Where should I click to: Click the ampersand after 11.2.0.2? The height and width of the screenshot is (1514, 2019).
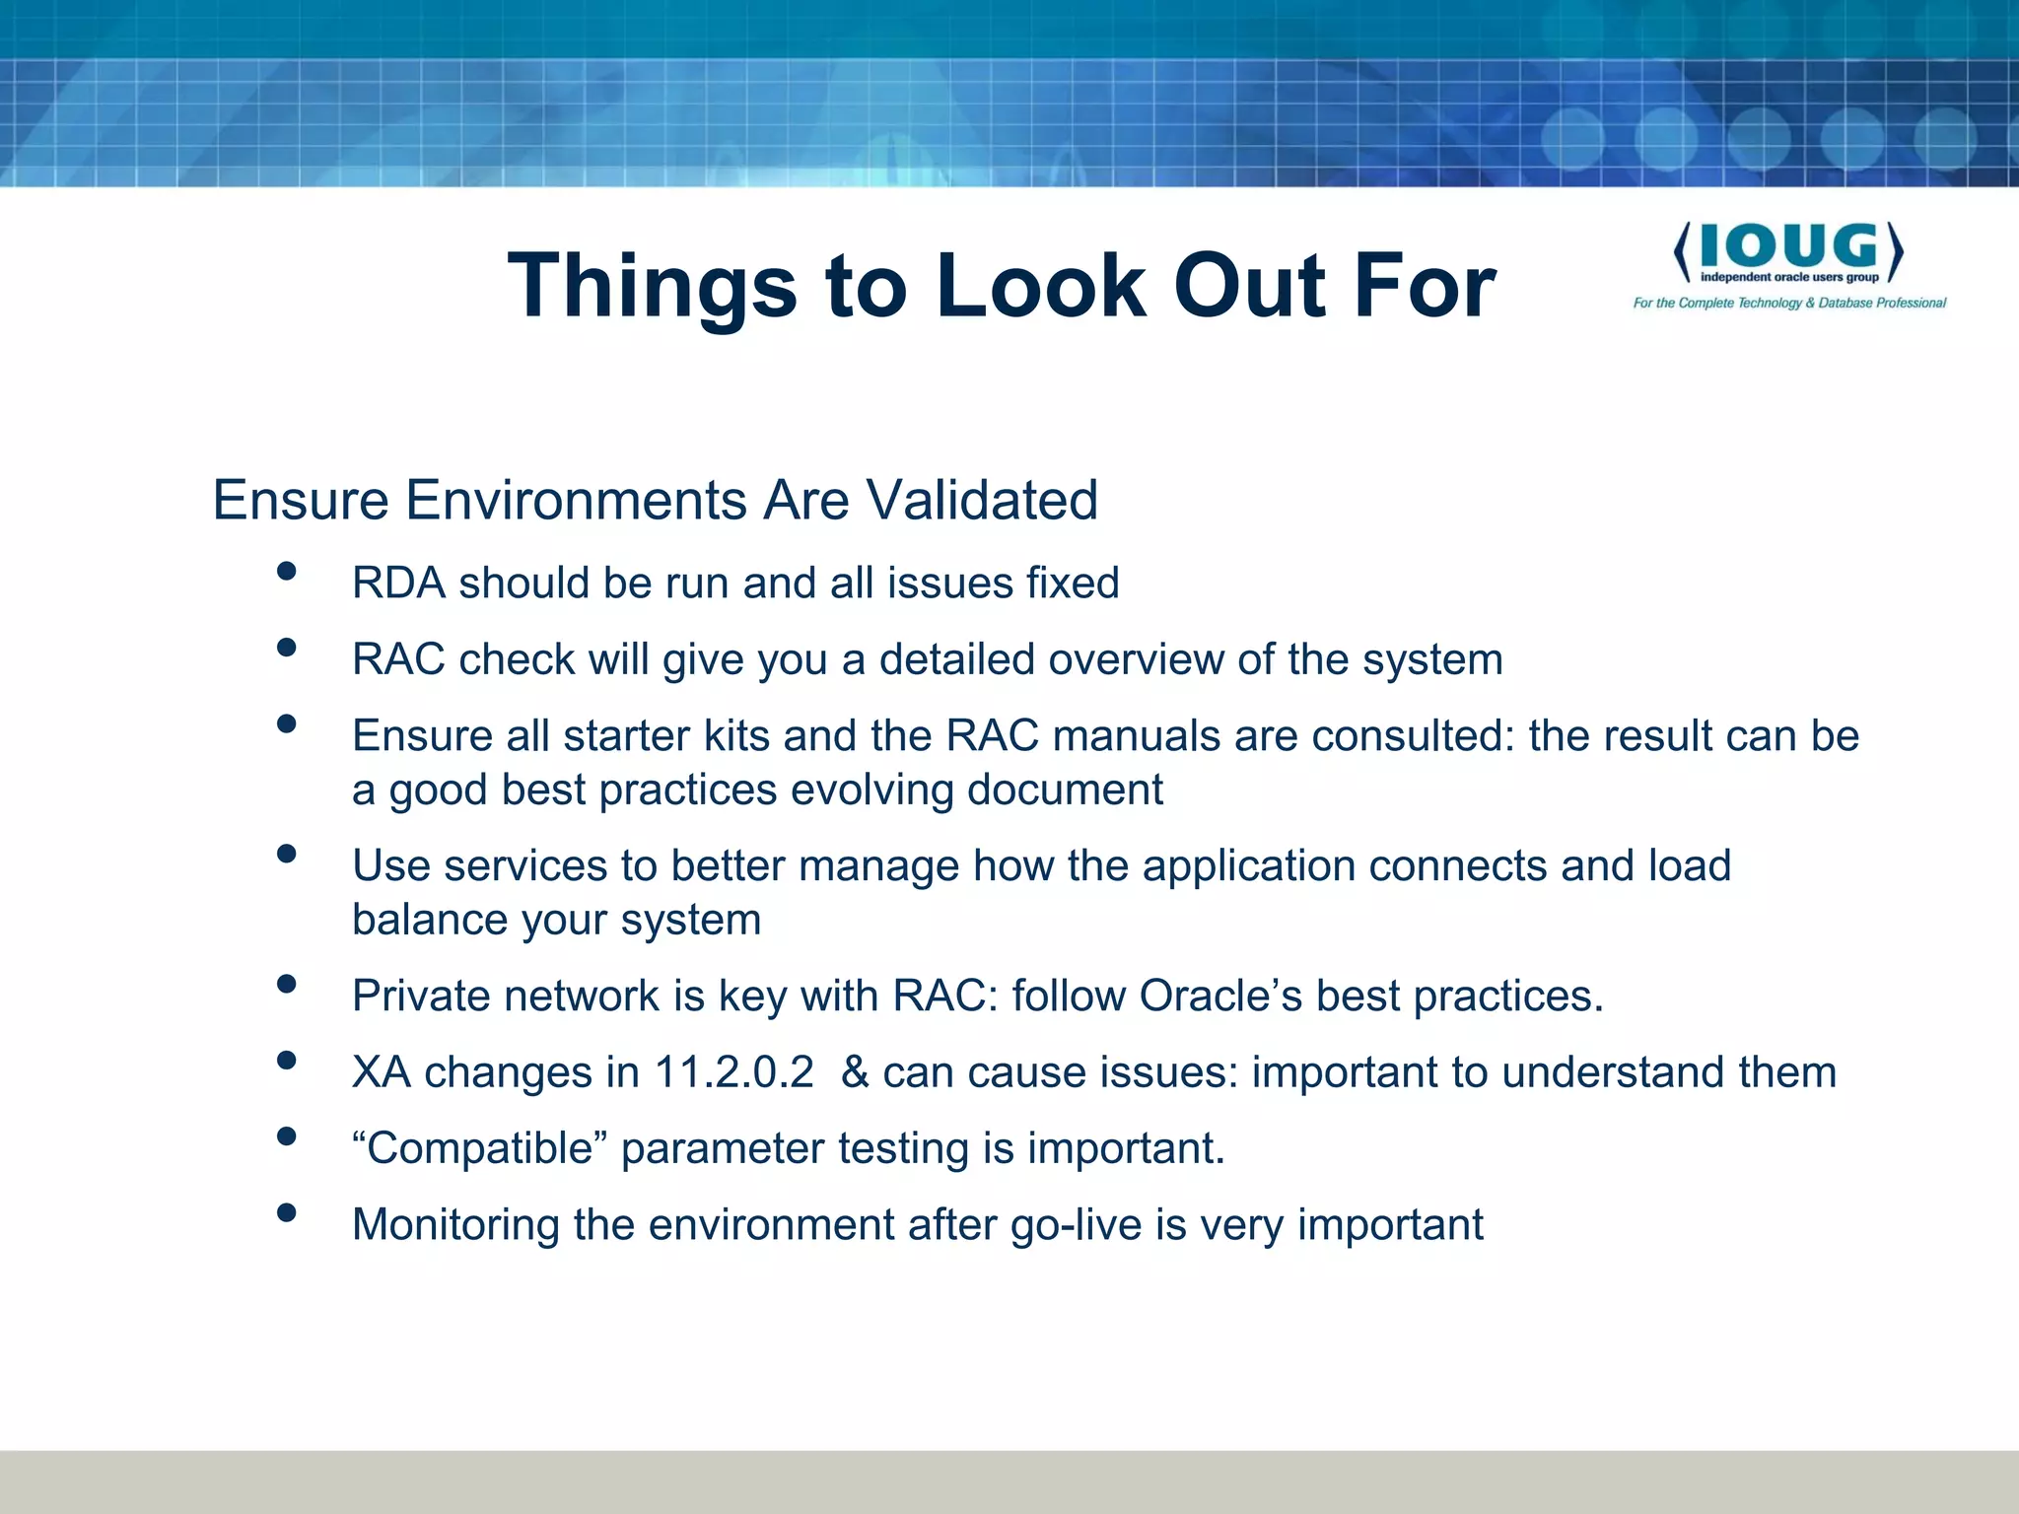(x=855, y=1072)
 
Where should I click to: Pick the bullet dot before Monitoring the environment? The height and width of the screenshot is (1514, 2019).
(x=287, y=1212)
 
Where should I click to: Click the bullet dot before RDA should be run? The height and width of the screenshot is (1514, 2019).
(x=287, y=571)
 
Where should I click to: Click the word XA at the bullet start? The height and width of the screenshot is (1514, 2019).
(x=382, y=1072)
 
